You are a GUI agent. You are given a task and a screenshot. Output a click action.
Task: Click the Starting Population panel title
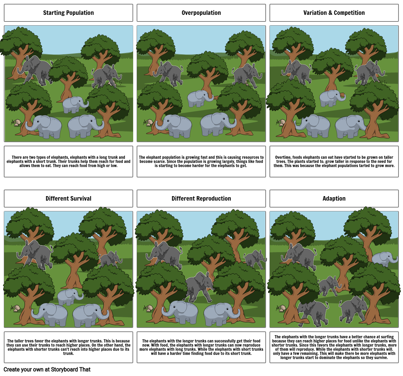click(x=68, y=13)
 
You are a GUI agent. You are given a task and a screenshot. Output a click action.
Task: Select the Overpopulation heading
click(x=201, y=13)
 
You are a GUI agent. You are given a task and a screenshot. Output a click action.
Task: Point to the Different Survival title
click(x=68, y=199)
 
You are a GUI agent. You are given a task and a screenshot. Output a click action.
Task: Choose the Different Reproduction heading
click(x=201, y=199)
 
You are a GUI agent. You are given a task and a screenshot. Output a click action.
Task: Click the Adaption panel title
click(x=334, y=199)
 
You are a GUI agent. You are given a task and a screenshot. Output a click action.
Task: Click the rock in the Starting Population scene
click(x=16, y=122)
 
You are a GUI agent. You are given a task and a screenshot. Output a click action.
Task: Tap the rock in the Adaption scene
click(x=282, y=308)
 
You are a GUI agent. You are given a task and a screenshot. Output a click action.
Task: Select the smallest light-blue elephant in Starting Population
click(x=74, y=104)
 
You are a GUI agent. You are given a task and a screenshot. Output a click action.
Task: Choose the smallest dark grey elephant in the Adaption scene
click(x=328, y=286)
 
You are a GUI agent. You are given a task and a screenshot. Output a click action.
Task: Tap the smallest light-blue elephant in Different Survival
click(x=69, y=296)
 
